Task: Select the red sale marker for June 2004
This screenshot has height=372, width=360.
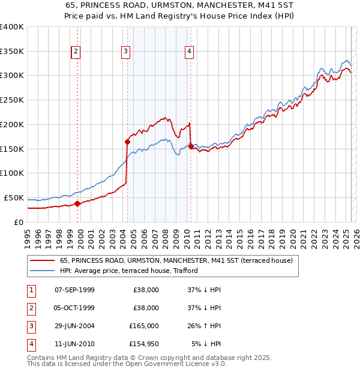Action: coord(127,142)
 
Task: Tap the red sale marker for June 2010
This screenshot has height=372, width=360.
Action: coord(191,146)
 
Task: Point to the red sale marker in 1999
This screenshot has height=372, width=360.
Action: coord(77,203)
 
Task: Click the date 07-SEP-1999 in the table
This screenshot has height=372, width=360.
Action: coord(74,290)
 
